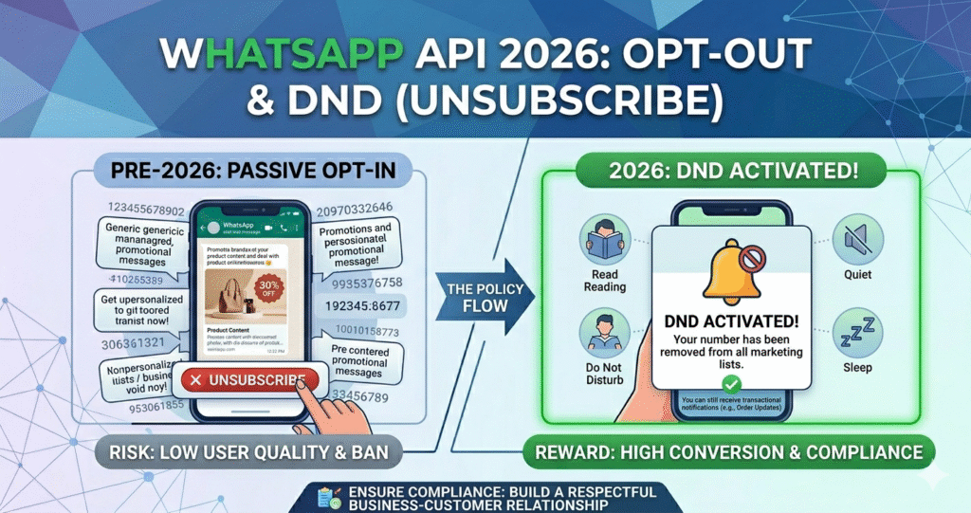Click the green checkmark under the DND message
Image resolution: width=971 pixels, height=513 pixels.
tap(730, 385)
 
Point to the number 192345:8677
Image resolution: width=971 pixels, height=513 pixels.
tap(361, 307)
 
